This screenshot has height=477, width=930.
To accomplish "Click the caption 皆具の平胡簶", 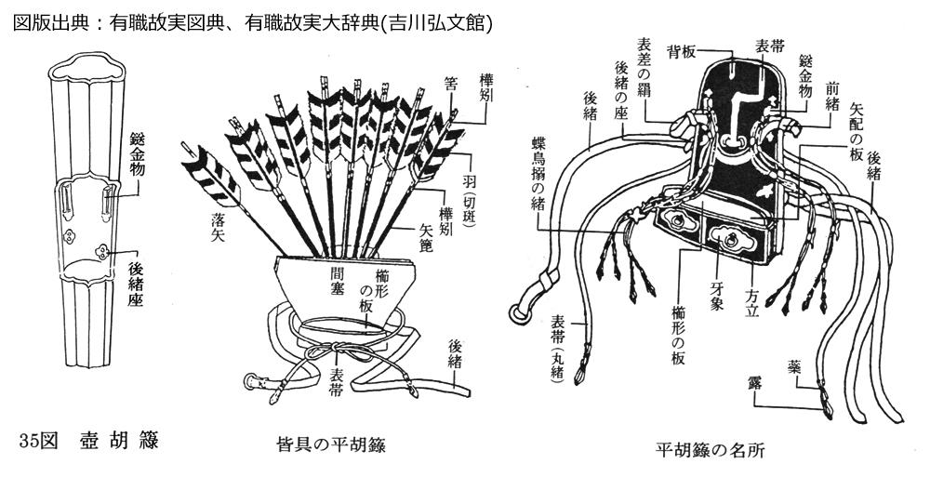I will pyautogui.click(x=331, y=444).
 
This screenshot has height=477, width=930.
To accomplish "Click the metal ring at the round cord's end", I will pyautogui.click(x=525, y=308).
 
